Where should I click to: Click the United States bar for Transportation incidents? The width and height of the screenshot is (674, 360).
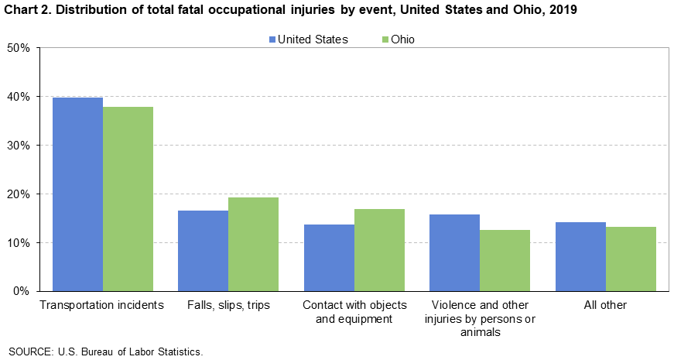tap(77, 194)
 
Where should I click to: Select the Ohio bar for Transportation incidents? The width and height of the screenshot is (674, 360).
tap(128, 199)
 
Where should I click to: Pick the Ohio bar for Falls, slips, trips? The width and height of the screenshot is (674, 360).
tap(253, 244)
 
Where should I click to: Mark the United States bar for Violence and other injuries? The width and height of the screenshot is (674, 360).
tap(454, 252)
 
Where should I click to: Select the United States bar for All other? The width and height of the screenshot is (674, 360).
tap(580, 256)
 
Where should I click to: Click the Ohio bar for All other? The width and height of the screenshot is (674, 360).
tap(631, 259)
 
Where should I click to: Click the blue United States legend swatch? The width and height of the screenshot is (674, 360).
tap(272, 39)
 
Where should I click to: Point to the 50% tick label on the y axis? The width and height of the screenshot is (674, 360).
tap(18, 48)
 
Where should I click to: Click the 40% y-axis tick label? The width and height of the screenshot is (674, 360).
tap(18, 97)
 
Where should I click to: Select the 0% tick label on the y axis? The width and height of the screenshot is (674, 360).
tap(21, 291)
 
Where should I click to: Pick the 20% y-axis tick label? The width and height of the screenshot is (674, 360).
tap(18, 194)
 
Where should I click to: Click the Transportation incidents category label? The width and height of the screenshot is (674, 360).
tap(102, 305)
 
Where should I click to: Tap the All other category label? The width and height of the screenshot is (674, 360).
tap(605, 305)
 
